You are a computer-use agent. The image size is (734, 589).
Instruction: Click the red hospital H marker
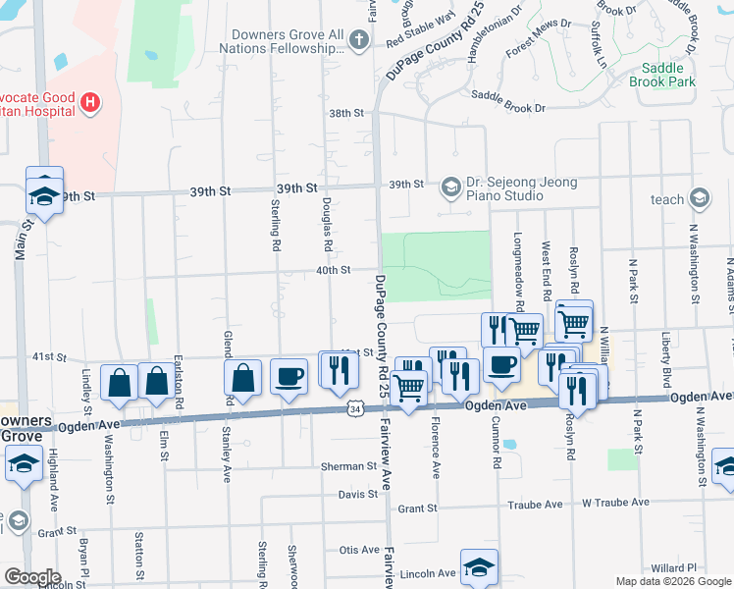(x=90, y=100)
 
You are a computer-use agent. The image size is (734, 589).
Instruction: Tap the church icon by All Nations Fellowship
(x=360, y=40)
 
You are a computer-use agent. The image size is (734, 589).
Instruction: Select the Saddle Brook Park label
(x=667, y=75)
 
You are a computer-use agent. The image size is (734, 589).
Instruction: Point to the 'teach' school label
(x=667, y=199)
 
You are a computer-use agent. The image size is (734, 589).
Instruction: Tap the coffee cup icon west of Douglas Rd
(x=288, y=377)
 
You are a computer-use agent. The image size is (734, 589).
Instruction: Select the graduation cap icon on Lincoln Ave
(x=479, y=567)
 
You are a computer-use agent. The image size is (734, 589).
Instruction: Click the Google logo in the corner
(x=32, y=577)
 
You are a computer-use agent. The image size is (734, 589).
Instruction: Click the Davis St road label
(x=358, y=494)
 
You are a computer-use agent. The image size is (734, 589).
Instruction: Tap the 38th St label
(x=346, y=114)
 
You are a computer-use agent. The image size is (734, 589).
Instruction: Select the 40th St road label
(x=333, y=270)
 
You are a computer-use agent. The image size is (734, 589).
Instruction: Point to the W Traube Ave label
(x=614, y=504)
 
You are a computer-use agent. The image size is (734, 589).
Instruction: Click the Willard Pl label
(x=672, y=567)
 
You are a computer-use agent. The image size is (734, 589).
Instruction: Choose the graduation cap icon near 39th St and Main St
(x=44, y=191)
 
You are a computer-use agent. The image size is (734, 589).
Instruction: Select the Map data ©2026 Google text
(x=672, y=581)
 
